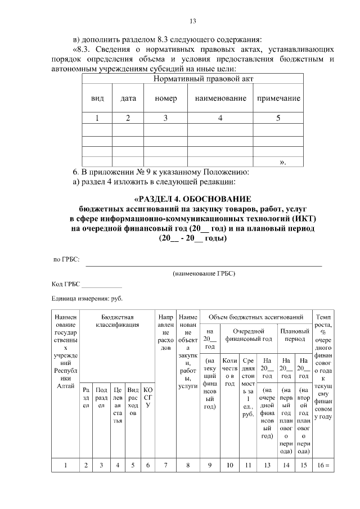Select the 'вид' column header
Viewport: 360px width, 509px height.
pos(97,98)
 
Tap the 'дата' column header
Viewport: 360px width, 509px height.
pos(128,98)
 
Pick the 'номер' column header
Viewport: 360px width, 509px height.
pos(166,98)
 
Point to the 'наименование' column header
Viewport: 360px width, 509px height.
pos(220,98)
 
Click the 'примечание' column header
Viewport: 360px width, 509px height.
pos(278,98)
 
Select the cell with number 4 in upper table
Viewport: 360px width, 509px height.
pos(220,118)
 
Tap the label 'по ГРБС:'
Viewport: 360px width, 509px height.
pos(66,259)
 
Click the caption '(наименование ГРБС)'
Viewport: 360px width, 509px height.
pos(204,273)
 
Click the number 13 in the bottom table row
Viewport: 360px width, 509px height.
pos(267,465)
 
